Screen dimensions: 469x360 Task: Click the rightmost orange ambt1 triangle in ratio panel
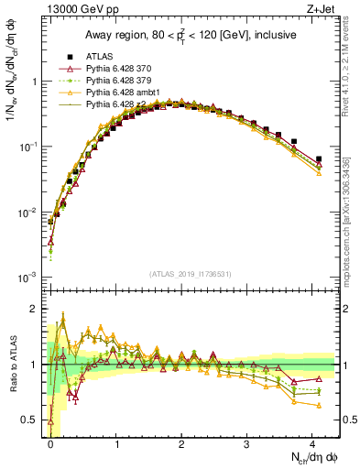[319, 405]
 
